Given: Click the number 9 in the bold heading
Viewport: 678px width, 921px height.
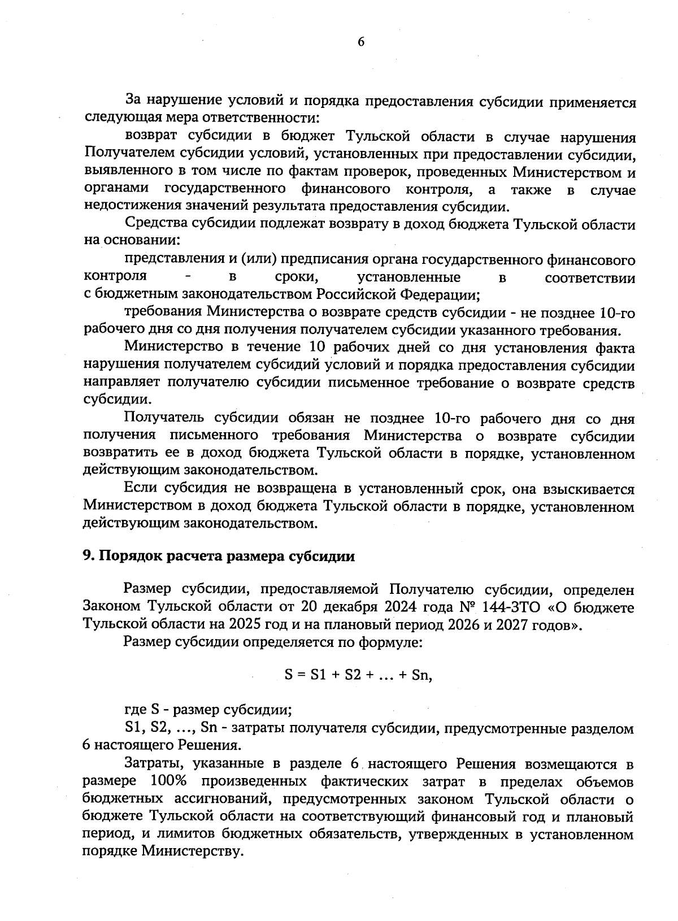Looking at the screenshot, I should coord(87,556).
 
